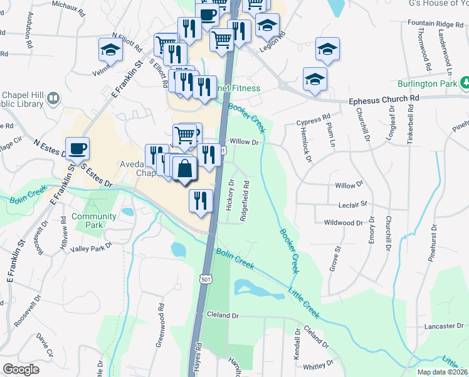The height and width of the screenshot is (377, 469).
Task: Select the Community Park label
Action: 93,221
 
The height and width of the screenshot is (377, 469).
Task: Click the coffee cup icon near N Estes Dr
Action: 77,149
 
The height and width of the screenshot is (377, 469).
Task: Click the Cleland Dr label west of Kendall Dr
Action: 226,315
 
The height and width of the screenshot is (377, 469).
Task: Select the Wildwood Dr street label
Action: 343,222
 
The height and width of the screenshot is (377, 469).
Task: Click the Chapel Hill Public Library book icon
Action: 53,99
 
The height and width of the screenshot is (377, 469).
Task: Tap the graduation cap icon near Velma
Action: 110,50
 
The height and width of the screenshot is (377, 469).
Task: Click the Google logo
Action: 21,369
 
